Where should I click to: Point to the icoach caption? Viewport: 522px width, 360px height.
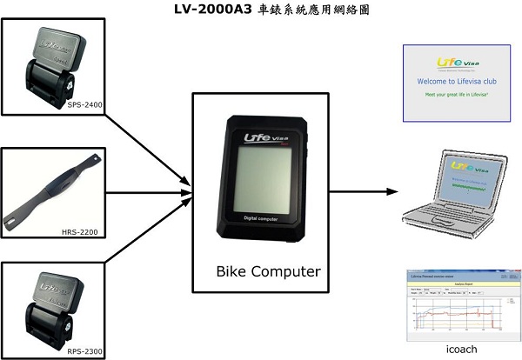coord(459,348)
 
